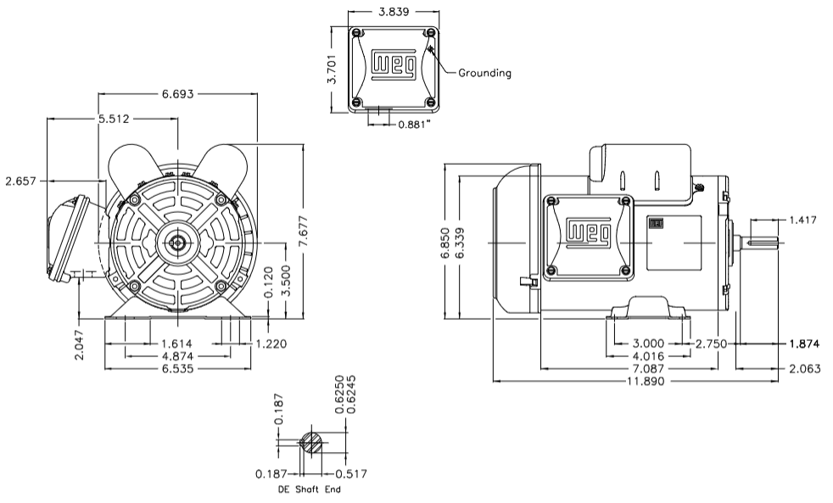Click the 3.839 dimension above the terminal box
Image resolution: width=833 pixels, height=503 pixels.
point(393,13)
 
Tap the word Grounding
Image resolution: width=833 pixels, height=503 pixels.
point(484,73)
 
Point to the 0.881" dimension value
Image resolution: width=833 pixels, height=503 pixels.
point(414,124)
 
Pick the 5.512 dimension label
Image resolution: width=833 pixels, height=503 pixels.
point(113,119)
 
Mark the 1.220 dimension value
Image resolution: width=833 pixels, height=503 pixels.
point(273,344)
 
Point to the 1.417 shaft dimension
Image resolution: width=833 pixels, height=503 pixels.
point(803,221)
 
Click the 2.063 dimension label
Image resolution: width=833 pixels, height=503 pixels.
point(803,370)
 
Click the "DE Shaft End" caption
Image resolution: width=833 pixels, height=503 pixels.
point(310,489)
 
